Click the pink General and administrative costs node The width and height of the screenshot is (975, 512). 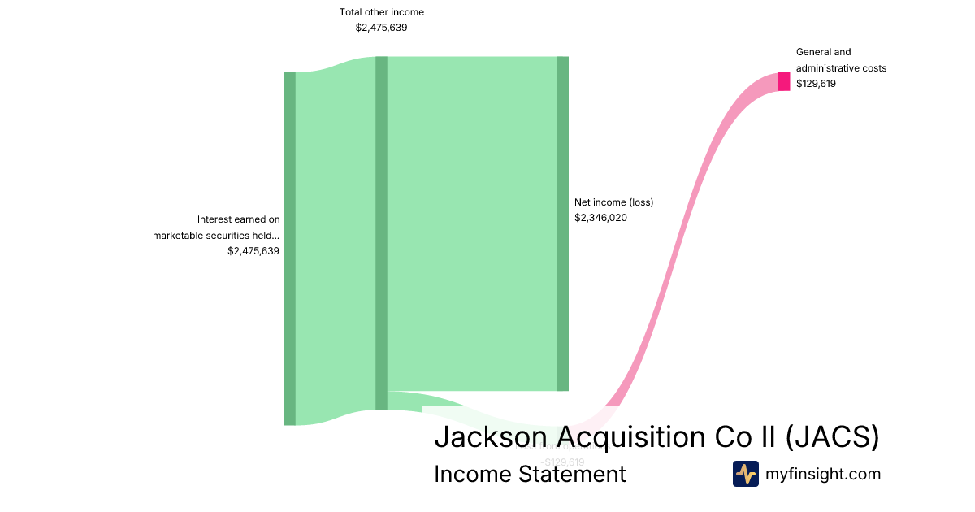(x=784, y=81)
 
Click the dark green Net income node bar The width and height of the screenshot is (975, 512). (x=562, y=223)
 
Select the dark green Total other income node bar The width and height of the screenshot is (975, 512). (x=381, y=232)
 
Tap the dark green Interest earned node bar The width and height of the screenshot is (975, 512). (x=289, y=248)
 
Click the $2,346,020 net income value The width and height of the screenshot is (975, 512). (x=600, y=218)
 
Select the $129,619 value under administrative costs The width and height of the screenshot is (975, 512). (x=816, y=83)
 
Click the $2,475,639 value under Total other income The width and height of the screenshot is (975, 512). (x=381, y=27)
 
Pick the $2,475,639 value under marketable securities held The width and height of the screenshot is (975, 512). (x=253, y=251)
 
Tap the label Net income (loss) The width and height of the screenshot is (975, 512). (x=613, y=202)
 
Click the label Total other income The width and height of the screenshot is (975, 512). (x=381, y=12)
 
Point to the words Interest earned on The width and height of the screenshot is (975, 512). (x=238, y=219)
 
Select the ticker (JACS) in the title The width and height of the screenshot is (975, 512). (x=833, y=437)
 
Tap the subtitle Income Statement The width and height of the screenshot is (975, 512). (x=530, y=474)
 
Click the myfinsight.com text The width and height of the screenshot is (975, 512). (x=823, y=474)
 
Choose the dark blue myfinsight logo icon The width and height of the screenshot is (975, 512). (x=745, y=474)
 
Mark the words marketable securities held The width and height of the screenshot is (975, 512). (x=216, y=236)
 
